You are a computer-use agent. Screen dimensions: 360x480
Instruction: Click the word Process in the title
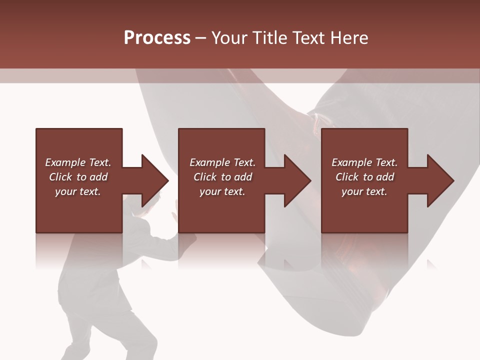point(157,38)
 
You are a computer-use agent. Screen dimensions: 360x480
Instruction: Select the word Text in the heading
point(308,38)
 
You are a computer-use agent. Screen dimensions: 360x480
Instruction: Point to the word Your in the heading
point(229,38)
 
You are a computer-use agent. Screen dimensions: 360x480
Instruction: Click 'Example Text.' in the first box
point(78,162)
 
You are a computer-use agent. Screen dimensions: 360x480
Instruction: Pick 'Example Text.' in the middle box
point(222,162)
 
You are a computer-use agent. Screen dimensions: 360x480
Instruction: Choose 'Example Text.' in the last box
point(364,162)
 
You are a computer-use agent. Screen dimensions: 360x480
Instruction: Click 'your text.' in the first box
point(78,191)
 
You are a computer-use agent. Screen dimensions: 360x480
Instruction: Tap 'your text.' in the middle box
point(222,191)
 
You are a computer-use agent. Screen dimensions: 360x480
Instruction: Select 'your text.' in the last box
point(364,191)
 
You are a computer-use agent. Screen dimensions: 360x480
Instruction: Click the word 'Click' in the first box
point(60,177)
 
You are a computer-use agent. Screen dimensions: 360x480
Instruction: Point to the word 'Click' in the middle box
point(205,177)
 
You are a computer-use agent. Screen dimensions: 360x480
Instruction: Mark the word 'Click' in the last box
point(347,177)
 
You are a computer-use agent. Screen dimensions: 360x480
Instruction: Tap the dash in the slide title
point(201,38)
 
